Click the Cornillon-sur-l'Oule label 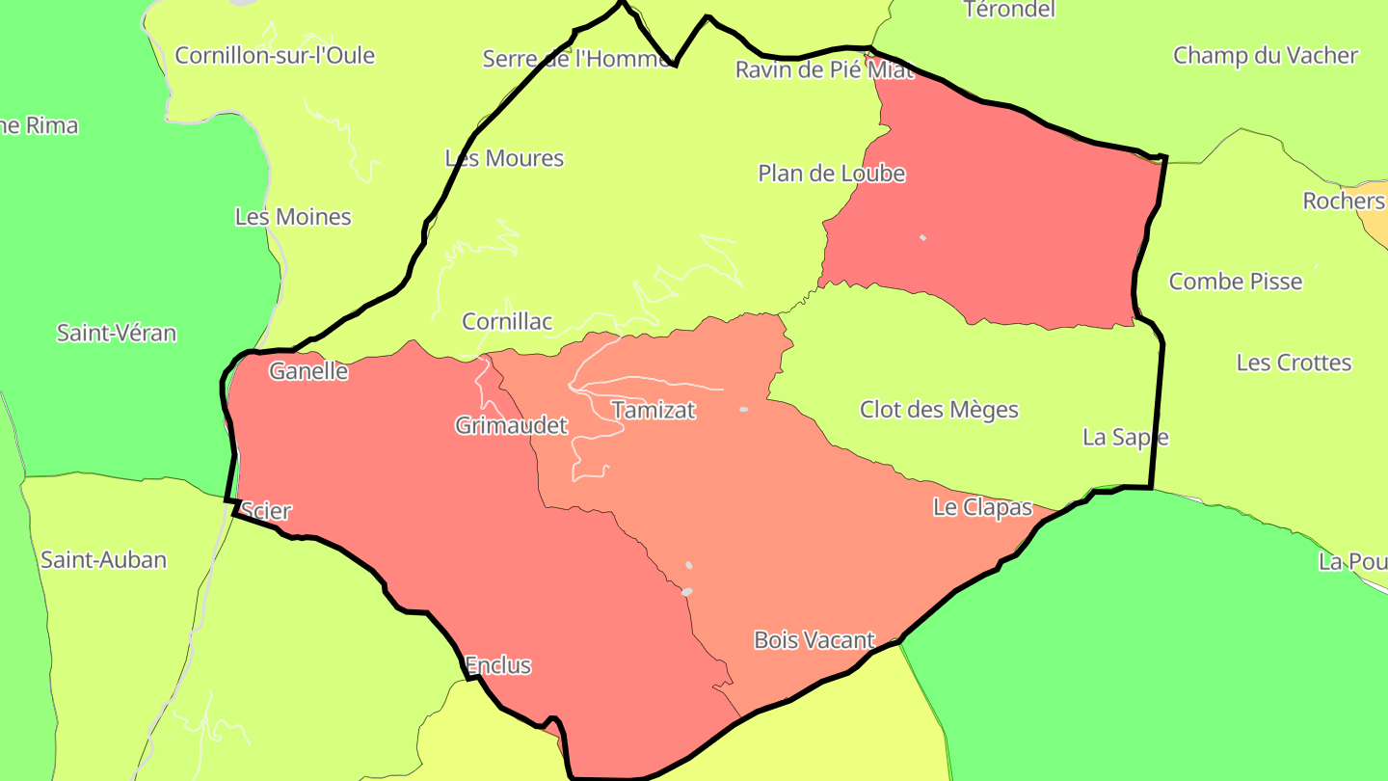click(x=275, y=56)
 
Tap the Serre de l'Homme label click(x=576, y=60)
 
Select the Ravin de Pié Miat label click(x=824, y=69)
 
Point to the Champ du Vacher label click(x=1265, y=56)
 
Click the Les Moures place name click(x=504, y=158)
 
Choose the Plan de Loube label click(x=832, y=174)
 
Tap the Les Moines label click(x=293, y=217)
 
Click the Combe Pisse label click(x=1235, y=282)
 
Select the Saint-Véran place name click(x=117, y=334)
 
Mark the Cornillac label click(x=507, y=321)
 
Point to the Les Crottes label click(x=1294, y=363)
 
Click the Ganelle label click(x=308, y=371)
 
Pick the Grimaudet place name click(x=511, y=425)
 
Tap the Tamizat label click(x=654, y=410)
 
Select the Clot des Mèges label click(x=939, y=410)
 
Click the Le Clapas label click(x=982, y=507)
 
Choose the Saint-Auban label click(x=103, y=559)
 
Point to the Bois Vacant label click(x=814, y=639)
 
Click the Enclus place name click(x=497, y=665)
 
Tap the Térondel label click(x=1009, y=10)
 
